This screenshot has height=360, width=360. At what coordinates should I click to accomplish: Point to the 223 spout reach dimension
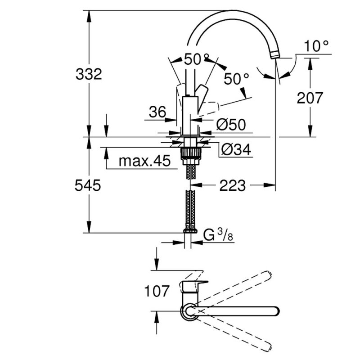[233, 185]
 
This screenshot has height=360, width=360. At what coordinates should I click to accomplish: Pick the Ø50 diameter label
[231, 125]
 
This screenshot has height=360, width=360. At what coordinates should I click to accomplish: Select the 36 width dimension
[158, 112]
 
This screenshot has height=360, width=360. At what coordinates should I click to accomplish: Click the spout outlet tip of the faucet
[276, 55]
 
